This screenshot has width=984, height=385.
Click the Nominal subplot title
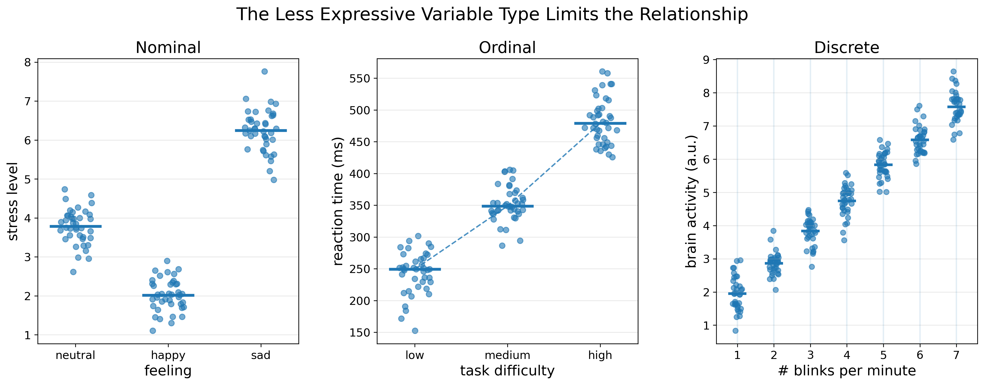click(x=168, y=48)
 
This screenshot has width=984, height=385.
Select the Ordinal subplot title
click(x=507, y=48)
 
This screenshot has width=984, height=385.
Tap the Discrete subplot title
click(x=847, y=48)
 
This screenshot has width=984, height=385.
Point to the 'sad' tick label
click(x=261, y=355)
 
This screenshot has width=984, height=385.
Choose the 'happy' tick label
click(x=168, y=355)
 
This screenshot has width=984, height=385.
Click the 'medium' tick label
click(x=507, y=355)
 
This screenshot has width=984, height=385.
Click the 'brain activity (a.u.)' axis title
click(x=691, y=201)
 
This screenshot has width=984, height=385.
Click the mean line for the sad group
click(x=261, y=131)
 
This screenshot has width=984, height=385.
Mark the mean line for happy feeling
click(x=168, y=295)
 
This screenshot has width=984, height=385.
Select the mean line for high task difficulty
click(x=600, y=123)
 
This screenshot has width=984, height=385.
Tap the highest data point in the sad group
click(x=264, y=71)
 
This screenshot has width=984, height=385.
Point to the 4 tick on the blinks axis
click(x=847, y=355)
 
